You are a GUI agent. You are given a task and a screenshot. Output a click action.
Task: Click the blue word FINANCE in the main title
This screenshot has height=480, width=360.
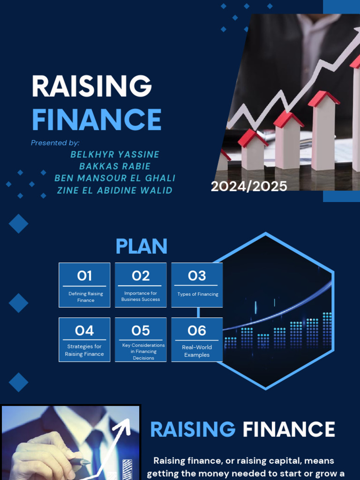click(x=97, y=120)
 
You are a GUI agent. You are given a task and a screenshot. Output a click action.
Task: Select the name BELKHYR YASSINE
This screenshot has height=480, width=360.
click(x=115, y=154)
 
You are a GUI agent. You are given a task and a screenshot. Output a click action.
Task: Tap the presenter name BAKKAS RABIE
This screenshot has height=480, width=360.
click(x=115, y=166)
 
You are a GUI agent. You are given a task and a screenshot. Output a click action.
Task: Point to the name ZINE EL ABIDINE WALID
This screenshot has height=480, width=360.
click(x=114, y=190)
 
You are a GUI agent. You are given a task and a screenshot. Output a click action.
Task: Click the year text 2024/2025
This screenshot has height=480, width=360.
click(x=249, y=186)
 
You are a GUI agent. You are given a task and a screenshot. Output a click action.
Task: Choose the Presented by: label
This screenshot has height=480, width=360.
click(x=55, y=142)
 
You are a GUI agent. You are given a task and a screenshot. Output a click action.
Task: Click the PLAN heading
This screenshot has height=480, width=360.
click(x=141, y=247)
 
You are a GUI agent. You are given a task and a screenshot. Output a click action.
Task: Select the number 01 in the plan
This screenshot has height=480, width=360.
click(x=84, y=276)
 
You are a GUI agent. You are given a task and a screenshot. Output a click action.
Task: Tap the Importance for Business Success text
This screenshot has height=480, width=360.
click(x=141, y=296)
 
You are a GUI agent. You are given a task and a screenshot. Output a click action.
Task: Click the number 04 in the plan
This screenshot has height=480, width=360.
click(x=84, y=330)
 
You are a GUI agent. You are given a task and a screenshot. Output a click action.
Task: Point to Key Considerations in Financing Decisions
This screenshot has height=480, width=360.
click(x=143, y=352)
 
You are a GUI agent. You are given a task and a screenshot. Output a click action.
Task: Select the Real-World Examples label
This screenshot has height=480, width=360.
click(x=197, y=351)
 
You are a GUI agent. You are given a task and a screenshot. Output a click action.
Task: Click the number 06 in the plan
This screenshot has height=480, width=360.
click(x=197, y=330)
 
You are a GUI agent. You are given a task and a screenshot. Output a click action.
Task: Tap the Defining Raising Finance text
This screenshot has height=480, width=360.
click(x=85, y=297)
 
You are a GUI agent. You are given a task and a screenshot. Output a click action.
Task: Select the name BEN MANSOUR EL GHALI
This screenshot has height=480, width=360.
click(x=115, y=178)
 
